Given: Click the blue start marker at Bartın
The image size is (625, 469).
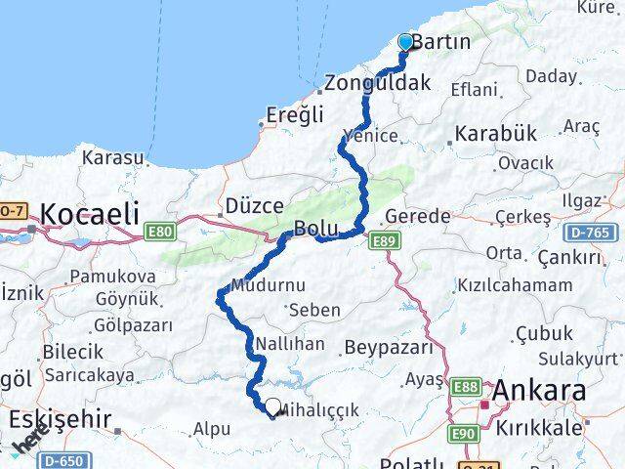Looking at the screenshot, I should tap(406, 42).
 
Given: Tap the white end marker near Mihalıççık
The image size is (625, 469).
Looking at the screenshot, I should tap(272, 406).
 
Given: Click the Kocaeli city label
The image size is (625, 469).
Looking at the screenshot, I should tap(91, 212).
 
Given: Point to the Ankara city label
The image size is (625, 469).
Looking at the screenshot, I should tap(539, 391).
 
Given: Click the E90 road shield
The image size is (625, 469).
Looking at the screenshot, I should tap(464, 431).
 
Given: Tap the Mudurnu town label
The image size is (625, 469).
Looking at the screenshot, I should tap(269, 286).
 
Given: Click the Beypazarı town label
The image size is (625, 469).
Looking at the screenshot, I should tap(387, 347).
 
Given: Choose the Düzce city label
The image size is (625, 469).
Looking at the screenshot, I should tap(254, 206).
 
